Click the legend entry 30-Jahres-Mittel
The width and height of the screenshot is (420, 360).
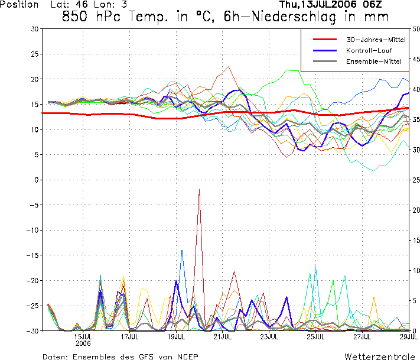point(376,40)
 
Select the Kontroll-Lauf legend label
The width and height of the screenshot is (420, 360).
point(369,50)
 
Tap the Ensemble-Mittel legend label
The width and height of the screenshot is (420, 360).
point(374,61)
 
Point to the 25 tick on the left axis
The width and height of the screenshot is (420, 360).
point(35,54)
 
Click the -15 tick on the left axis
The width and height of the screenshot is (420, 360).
point(32,255)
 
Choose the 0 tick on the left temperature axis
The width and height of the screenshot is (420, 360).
point(37,180)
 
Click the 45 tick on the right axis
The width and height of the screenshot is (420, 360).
point(416,59)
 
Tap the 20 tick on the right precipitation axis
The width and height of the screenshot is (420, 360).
point(416,210)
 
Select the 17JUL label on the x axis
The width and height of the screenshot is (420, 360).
point(129,337)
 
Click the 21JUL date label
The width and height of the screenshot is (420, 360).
point(223,337)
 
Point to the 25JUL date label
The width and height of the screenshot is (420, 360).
point(316,337)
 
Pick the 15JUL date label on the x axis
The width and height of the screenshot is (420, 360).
point(83,337)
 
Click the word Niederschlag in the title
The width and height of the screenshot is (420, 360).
point(294,17)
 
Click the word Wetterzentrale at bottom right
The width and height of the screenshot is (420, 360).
point(380,356)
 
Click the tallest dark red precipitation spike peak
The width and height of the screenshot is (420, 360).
point(199,190)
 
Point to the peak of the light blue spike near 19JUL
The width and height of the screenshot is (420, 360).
point(182,251)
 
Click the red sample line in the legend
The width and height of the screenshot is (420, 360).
point(325,40)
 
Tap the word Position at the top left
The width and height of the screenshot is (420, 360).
point(19,4)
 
